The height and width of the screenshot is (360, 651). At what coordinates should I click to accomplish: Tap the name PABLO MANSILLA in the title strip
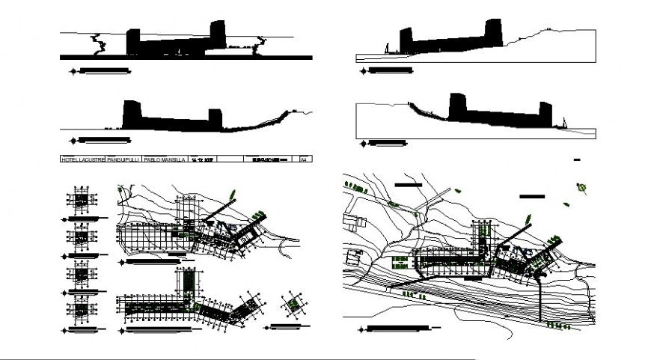click(x=164, y=159)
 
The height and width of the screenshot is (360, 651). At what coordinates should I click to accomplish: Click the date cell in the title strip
click(x=203, y=159)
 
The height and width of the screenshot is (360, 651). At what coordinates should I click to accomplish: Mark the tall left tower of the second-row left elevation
click(x=131, y=115)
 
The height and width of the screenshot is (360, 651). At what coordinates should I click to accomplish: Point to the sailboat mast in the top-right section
click(x=387, y=49)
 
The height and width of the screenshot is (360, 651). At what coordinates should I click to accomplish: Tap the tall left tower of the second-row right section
click(x=457, y=106)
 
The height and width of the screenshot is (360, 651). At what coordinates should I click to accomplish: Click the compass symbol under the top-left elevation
click(x=73, y=72)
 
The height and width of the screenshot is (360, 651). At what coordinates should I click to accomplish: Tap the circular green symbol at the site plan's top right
click(x=581, y=188)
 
